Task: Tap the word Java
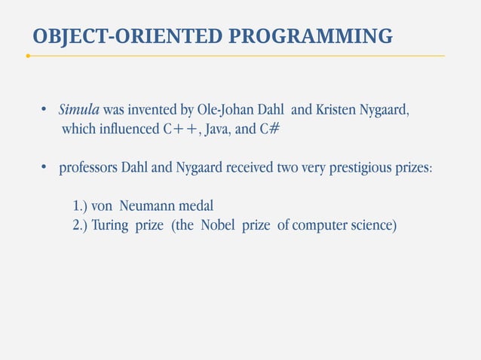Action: (219, 130)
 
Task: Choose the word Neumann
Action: (149, 205)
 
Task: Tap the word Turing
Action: (111, 224)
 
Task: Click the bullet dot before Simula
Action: (44, 111)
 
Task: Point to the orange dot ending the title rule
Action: (27, 56)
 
